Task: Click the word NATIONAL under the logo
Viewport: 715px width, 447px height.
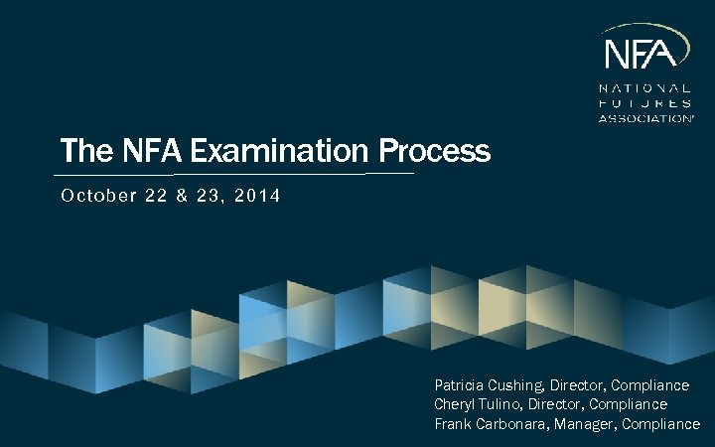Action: click(x=645, y=87)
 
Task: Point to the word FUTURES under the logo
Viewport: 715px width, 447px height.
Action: click(x=645, y=102)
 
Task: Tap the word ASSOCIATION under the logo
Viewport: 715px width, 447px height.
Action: click(x=645, y=117)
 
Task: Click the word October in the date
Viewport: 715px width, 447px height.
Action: click(x=92, y=196)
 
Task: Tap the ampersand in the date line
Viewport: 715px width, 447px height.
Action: click(x=184, y=196)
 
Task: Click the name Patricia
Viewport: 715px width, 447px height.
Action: click(x=461, y=384)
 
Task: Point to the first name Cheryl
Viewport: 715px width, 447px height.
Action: click(x=456, y=404)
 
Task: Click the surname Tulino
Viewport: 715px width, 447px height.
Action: click(x=504, y=404)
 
